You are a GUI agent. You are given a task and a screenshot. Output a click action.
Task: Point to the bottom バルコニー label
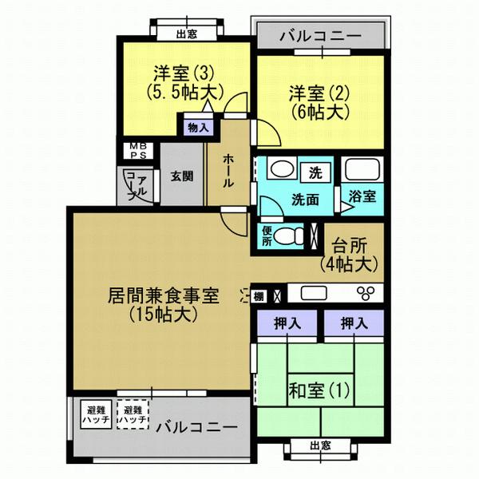(x=196, y=426)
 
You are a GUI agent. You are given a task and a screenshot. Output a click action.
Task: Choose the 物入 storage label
(x=197, y=128)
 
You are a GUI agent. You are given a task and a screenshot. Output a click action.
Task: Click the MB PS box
(x=129, y=151)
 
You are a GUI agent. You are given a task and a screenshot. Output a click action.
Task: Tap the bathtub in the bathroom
(x=362, y=170)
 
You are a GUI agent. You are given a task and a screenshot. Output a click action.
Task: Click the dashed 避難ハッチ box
(x=132, y=414)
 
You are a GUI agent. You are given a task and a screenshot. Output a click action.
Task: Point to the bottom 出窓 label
(x=319, y=445)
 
